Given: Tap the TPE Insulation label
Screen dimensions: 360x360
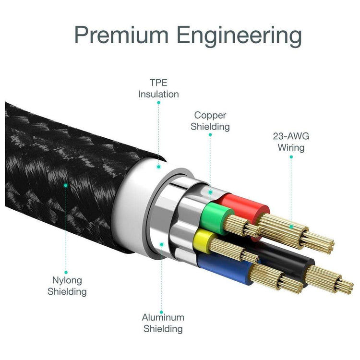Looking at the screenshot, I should click(x=158, y=89).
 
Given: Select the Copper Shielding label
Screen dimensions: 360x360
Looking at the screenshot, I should click(x=210, y=121).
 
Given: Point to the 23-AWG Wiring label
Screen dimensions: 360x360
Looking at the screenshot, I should click(x=291, y=142).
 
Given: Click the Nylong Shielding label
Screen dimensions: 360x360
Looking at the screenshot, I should click(x=67, y=286).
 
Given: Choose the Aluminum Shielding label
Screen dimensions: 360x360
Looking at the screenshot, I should click(x=162, y=323).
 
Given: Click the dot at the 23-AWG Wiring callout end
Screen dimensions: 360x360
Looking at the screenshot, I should click(x=291, y=226).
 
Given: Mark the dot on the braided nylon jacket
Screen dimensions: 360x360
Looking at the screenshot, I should click(x=66, y=184).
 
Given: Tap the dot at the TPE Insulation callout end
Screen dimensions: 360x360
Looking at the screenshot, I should click(x=159, y=166).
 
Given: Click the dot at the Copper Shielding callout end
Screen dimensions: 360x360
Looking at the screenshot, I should click(x=210, y=192).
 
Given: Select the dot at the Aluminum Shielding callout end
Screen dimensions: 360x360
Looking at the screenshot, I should click(x=162, y=244).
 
